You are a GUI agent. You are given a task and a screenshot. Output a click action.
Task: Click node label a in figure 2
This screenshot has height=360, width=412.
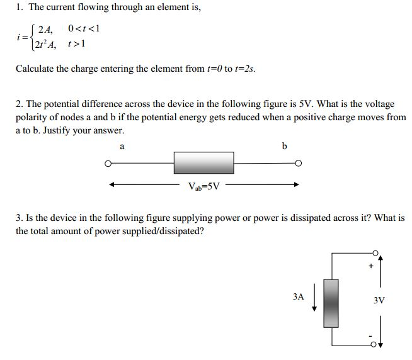122,146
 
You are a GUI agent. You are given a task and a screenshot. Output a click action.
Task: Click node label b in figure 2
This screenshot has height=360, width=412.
284,146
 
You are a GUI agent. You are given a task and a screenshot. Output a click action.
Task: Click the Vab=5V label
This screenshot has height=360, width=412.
204,186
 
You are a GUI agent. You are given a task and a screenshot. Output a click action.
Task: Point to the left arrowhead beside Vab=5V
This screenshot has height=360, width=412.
113,185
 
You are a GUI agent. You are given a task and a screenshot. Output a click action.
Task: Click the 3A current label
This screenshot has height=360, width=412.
299,295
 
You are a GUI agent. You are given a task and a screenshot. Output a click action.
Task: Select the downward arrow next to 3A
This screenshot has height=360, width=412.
314,301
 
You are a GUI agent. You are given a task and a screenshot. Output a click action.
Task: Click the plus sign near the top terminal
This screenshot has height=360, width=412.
371,266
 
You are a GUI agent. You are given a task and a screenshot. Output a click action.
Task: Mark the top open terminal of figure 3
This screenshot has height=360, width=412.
377,253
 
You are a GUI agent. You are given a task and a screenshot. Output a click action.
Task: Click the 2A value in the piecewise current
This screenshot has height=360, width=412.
45,29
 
